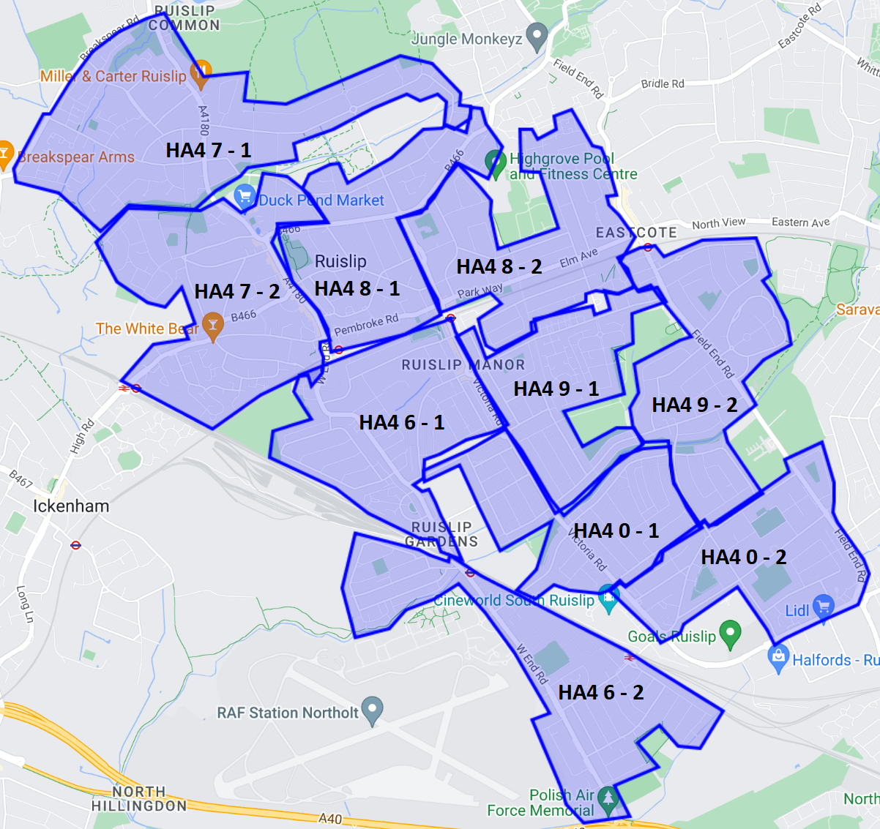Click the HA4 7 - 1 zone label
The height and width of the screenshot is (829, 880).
[x=209, y=151]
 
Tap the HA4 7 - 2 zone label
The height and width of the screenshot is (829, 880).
[x=237, y=292]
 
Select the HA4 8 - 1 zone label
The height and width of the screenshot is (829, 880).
[x=357, y=289]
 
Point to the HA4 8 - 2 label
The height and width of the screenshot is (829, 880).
[x=499, y=267]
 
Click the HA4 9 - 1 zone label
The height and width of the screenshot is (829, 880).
[x=556, y=389]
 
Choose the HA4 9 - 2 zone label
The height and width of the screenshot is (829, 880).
[x=694, y=405]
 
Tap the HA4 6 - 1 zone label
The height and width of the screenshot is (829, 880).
[x=402, y=423]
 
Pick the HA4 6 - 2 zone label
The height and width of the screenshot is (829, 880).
[x=601, y=693]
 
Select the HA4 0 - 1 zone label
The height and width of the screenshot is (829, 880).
[x=616, y=531]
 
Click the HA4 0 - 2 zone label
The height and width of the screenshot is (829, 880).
[x=744, y=558]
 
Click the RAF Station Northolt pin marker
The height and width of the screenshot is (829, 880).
[x=373, y=709]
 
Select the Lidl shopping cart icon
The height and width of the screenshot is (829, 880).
[x=824, y=607]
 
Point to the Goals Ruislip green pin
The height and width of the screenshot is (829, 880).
[x=731, y=633]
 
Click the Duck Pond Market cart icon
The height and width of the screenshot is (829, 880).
[x=245, y=196]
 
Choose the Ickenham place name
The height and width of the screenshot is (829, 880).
[x=71, y=506]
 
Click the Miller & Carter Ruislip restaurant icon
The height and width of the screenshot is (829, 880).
[x=200, y=72]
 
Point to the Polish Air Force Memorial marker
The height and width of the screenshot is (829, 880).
[x=608, y=798]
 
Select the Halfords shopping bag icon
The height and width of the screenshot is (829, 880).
[x=778, y=656]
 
